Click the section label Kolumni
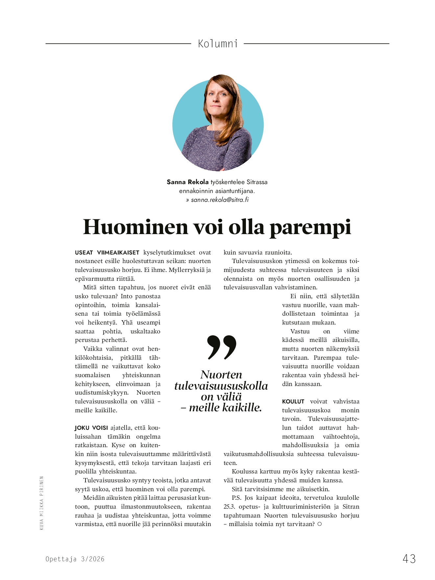pos(218,44)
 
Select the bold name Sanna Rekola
pos(187,182)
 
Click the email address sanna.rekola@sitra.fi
pos(220,200)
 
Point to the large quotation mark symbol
pos(222,347)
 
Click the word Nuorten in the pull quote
pos(221,375)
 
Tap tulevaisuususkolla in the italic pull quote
pos(221,386)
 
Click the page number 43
pos(409,559)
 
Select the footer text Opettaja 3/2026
pos(75,559)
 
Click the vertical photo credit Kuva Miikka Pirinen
pos(42,503)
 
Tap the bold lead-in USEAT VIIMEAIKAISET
pos(107,253)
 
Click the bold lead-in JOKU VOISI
pos(91,428)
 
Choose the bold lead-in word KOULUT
pos(293,401)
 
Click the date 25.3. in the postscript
pos(229,507)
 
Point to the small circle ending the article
pos(320,524)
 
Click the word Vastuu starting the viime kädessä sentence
pos(300,331)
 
